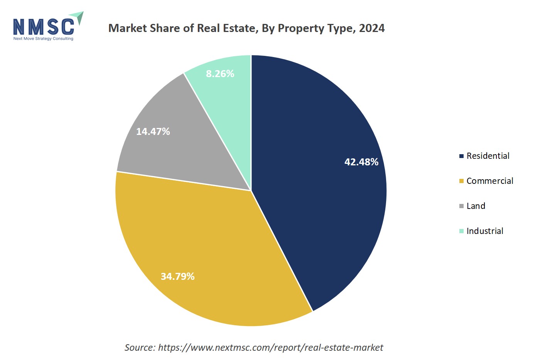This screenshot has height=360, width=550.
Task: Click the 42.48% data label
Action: [x=361, y=162]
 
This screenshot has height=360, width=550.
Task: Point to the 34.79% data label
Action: [x=177, y=276]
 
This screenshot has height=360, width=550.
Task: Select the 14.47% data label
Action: [x=153, y=131]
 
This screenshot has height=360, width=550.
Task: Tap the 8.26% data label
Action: [x=220, y=74]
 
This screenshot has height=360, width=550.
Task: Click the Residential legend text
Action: [x=488, y=156]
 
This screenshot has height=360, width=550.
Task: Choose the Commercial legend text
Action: [x=490, y=181]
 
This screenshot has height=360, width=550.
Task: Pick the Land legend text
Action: [x=476, y=206]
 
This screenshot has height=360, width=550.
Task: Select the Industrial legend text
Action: [x=485, y=231]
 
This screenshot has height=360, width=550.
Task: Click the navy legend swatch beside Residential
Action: [x=461, y=156]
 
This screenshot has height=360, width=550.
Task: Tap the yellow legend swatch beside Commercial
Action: [x=461, y=181]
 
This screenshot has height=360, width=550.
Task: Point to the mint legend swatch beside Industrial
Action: [x=461, y=231]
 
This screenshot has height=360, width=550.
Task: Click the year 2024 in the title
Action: [x=372, y=28]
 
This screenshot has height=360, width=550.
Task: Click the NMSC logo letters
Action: [x=44, y=27]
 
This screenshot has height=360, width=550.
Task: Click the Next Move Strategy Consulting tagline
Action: [x=43, y=39]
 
